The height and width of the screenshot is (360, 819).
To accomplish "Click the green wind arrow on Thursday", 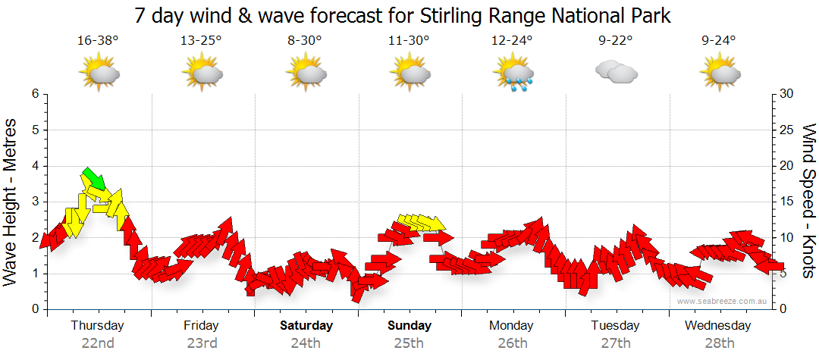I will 93,178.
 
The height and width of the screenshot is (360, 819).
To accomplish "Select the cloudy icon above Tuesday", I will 616,73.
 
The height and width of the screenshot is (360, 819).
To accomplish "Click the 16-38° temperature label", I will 98,40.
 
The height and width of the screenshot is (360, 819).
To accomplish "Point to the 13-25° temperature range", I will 201,40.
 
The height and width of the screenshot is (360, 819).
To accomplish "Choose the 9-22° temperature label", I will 615,40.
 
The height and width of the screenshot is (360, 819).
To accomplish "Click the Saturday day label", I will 306,326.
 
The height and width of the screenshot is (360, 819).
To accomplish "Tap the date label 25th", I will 409,343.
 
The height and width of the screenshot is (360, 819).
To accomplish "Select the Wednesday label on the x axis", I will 717,326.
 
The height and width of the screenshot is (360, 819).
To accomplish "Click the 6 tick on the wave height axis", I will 35,94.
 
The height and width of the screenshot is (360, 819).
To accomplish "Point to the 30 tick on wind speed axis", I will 787,94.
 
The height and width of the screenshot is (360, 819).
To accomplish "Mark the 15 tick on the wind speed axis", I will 787,202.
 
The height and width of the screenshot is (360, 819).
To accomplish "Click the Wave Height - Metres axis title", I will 11,202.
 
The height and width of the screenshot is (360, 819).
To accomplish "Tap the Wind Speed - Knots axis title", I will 808,202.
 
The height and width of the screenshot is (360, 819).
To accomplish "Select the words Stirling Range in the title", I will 464,15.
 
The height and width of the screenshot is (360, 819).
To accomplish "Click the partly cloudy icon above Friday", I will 201,74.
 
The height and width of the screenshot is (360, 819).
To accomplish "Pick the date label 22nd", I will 98,343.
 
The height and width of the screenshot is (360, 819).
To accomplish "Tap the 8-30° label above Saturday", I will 305,40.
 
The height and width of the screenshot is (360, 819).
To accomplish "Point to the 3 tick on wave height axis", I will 35,202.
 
